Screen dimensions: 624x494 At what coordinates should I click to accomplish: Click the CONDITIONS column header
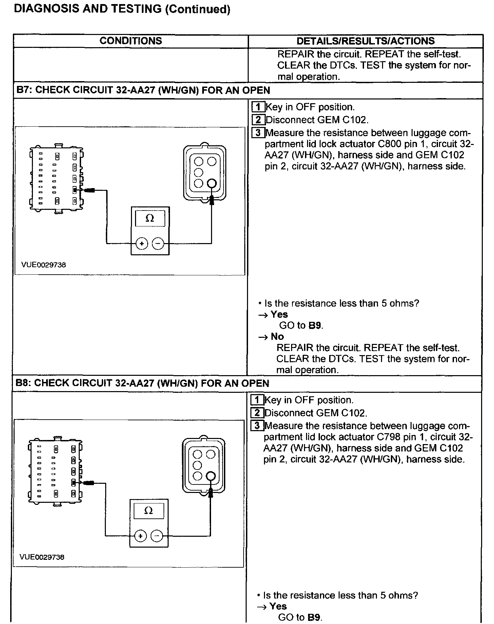[131, 41]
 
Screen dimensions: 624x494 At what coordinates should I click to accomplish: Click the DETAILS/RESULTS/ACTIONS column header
[365, 41]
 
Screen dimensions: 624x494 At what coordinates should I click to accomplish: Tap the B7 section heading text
[143, 90]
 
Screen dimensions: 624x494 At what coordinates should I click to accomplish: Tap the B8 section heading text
[142, 383]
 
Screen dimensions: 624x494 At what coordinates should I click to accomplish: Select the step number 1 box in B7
[258, 107]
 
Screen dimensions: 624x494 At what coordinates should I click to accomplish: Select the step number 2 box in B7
[258, 120]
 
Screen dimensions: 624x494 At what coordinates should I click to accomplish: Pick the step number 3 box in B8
[257, 426]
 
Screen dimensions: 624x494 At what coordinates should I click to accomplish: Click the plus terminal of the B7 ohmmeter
[142, 243]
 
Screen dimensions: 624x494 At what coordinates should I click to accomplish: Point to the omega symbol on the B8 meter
[148, 511]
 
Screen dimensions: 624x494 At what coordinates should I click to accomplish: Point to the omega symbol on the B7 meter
[150, 218]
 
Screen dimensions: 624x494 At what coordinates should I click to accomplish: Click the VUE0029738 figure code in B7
[43, 265]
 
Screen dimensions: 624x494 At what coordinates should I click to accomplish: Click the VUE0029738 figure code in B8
[42, 557]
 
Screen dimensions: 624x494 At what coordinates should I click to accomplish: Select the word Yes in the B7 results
[279, 314]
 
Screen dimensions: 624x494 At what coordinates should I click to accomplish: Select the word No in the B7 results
[277, 336]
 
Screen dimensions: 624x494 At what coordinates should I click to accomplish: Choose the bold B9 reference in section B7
[315, 325]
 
